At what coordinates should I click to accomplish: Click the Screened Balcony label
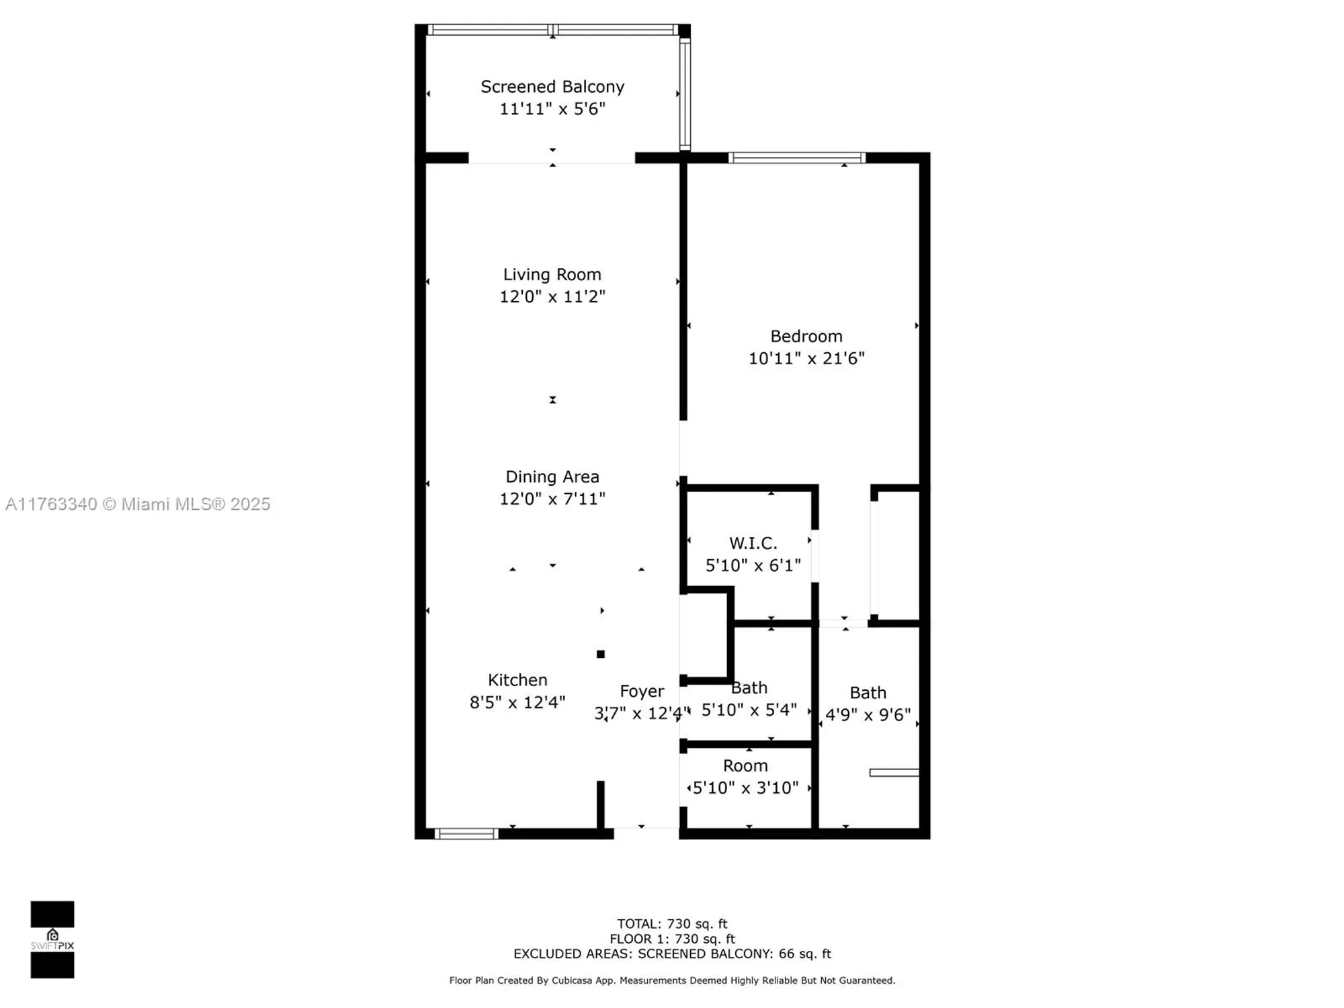pyautogui.click(x=552, y=87)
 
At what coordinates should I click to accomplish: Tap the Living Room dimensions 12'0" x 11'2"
pyautogui.click(x=552, y=296)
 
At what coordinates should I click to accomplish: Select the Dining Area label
pyautogui.click(x=552, y=476)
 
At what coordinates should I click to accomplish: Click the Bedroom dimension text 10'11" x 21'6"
pyautogui.click(x=806, y=358)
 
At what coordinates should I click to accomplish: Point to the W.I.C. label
pyautogui.click(x=753, y=543)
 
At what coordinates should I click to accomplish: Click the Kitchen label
pyautogui.click(x=517, y=679)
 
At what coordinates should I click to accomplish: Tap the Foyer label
pyautogui.click(x=641, y=691)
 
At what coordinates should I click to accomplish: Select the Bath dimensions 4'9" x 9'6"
pyautogui.click(x=868, y=714)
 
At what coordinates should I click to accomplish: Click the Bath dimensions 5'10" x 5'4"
pyautogui.click(x=749, y=710)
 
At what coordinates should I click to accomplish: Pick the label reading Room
pyautogui.click(x=745, y=765)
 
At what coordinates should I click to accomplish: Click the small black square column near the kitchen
pyautogui.click(x=600, y=654)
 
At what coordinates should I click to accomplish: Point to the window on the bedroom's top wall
pyautogui.click(x=796, y=158)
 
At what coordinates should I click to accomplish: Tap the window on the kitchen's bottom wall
pyautogui.click(x=466, y=834)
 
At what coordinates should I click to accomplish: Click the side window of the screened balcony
pyautogui.click(x=684, y=94)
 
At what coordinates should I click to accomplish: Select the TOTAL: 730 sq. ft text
pyautogui.click(x=671, y=924)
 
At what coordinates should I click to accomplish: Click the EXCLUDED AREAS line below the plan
pyautogui.click(x=671, y=954)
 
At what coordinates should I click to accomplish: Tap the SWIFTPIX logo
pyautogui.click(x=52, y=939)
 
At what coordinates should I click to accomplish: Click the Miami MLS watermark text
pyautogui.click(x=138, y=504)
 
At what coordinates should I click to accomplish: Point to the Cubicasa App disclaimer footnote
pyautogui.click(x=671, y=980)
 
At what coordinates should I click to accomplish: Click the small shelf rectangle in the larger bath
pyautogui.click(x=894, y=773)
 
